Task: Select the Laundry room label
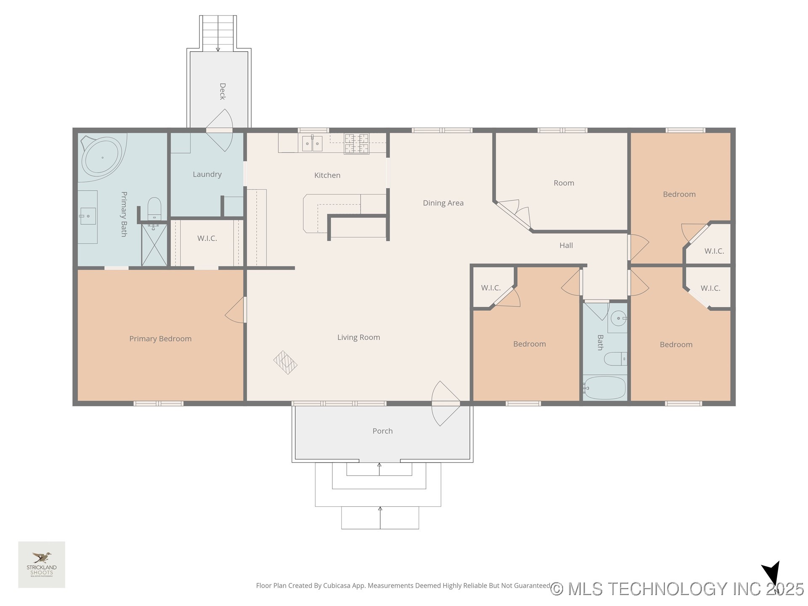[x=207, y=174]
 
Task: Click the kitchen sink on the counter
[x=312, y=144]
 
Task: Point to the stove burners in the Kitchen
[x=356, y=144]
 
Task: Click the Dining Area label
[x=443, y=203]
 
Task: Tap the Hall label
[x=566, y=245]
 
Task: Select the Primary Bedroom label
[x=160, y=339]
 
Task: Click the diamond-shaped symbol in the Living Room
[x=285, y=362]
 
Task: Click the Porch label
[x=383, y=431]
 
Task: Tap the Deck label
[x=223, y=91]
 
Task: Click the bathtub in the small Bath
[x=605, y=388]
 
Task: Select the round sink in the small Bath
[x=618, y=318]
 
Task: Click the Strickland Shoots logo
[x=42, y=564]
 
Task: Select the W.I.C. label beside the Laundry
[x=207, y=238]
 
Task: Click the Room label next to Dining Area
[x=563, y=183]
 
